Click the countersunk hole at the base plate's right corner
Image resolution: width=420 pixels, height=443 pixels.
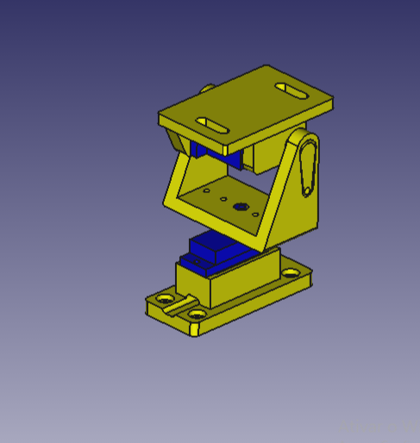[292, 273]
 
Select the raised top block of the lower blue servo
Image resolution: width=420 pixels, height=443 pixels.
[214, 244]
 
